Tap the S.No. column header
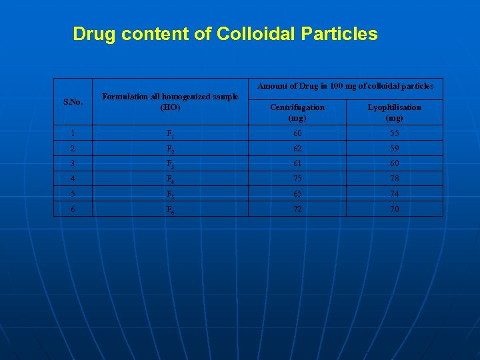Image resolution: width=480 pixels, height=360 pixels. pos(73,102)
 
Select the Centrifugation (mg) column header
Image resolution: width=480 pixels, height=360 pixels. pos(297,112)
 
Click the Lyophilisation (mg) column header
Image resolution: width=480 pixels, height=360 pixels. pos(395,112)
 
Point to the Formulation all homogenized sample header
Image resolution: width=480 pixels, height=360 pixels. pos(170,101)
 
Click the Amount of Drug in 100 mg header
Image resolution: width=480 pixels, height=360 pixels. pos(345,86)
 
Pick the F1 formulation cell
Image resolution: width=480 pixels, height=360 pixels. pos(171,133)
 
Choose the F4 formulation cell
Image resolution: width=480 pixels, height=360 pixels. pos(171,179)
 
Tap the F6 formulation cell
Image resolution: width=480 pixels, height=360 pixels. pos(171,209)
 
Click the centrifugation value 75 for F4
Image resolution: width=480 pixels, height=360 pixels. pos(297,178)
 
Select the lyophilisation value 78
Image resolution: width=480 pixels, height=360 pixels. pos(395,178)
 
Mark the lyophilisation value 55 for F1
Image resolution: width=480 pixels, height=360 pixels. pos(395,133)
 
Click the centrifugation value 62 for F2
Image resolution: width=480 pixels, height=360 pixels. pos(297,148)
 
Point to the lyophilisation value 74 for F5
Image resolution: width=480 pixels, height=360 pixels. pos(395,193)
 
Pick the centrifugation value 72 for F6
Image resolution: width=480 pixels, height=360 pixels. pos(297,209)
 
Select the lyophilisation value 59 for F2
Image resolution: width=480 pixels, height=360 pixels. pos(395,148)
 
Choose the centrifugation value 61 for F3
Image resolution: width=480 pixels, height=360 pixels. pos(297,163)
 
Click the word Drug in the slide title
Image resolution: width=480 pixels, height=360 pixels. pos(93,34)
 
